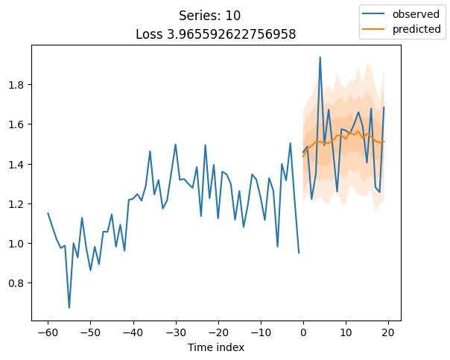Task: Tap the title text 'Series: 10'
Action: pyautogui.click(x=209, y=16)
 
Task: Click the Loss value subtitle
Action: pyautogui.click(x=215, y=34)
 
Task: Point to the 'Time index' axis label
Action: pyautogui.click(x=215, y=347)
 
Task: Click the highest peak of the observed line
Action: pyautogui.click(x=320, y=57)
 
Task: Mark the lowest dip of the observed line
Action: pyautogui.click(x=69, y=308)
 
